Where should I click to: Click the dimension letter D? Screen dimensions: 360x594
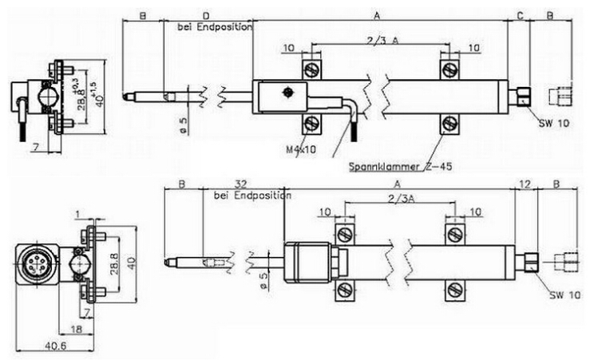206,15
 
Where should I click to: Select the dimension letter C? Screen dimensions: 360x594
520,15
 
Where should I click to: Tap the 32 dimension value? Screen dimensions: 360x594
240,184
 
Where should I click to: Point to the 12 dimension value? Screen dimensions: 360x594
525,184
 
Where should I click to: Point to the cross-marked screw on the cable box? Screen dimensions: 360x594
287,94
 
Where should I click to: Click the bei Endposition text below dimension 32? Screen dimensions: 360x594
251,196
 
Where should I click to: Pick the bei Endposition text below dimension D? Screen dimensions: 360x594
214,26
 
